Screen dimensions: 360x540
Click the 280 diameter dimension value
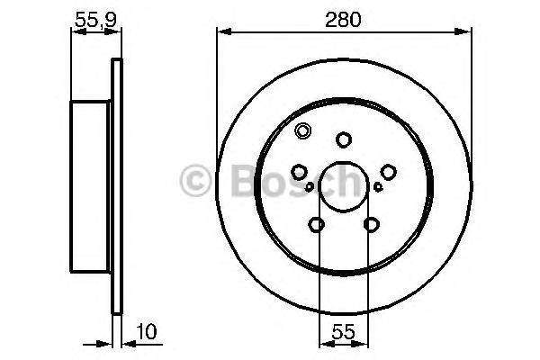(x=344, y=17)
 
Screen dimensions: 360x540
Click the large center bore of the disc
(x=344, y=184)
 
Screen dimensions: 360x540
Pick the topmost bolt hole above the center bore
(x=344, y=139)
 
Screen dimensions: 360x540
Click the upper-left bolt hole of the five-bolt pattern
(x=300, y=171)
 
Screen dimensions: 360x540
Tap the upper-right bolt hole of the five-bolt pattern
(x=388, y=171)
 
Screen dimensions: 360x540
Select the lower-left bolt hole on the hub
(x=317, y=224)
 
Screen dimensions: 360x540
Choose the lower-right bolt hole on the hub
(x=371, y=224)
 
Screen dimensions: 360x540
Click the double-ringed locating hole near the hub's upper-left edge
(x=302, y=130)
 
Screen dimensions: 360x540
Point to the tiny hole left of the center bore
(x=310, y=187)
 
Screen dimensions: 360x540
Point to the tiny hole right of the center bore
(x=378, y=187)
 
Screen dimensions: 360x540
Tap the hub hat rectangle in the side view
(x=92, y=185)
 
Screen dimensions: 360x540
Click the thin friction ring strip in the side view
(x=115, y=185)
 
